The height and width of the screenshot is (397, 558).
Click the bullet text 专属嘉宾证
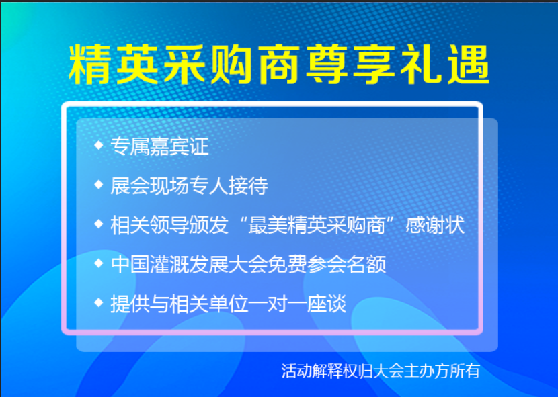pyautogui.click(x=160, y=146)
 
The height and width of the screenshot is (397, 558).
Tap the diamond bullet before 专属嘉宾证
pyautogui.click(x=99, y=145)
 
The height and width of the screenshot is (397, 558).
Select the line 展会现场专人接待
pyautogui.click(x=189, y=185)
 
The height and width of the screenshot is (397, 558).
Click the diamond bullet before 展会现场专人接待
pyautogui.click(x=99, y=184)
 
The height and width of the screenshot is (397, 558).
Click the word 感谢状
pyautogui.click(x=435, y=225)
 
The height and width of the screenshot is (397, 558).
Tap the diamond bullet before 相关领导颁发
pyautogui.click(x=99, y=224)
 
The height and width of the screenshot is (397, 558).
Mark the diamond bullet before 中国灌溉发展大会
pyautogui.click(x=99, y=263)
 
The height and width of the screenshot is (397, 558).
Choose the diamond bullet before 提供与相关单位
pyautogui.click(x=99, y=302)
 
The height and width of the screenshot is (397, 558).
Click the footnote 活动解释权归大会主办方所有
pyautogui.click(x=381, y=371)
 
